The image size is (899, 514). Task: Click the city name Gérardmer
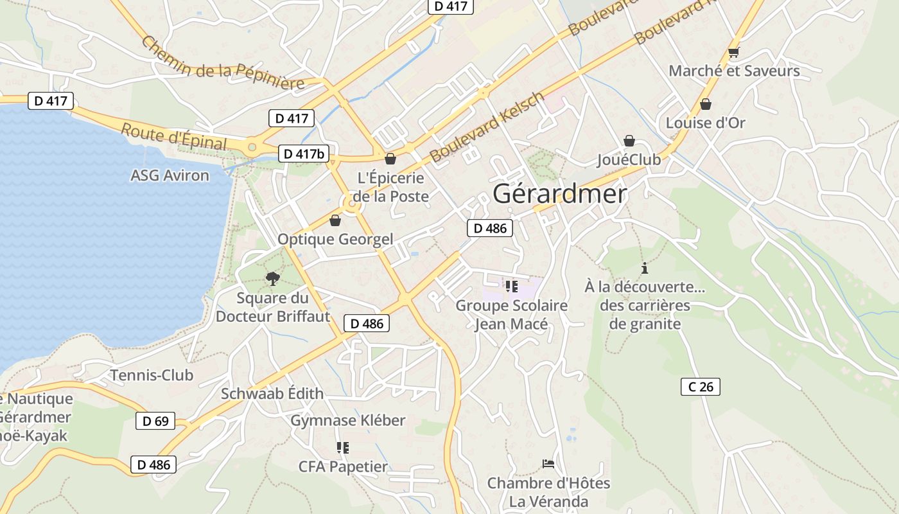coord(559,194)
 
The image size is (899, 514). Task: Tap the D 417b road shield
coord(304,154)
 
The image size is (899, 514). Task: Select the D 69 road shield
coord(155,421)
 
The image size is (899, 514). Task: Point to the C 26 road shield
coord(701,387)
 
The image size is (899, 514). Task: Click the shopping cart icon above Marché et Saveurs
coord(733,53)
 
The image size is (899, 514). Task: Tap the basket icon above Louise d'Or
coord(705,104)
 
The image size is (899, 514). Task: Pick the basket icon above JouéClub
coord(629,141)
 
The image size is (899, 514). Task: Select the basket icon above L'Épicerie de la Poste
coord(390,159)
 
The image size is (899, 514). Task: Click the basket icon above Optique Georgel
coord(335,221)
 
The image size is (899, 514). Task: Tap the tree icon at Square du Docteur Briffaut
coord(273,278)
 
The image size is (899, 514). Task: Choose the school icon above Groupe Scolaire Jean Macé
coord(511,286)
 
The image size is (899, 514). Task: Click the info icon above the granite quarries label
coord(644,269)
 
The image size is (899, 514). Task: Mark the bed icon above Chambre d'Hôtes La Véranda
coord(548,464)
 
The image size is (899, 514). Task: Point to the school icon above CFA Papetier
coord(342,447)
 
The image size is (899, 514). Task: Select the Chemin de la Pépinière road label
coord(222,64)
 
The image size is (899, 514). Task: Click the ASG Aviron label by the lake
coord(170,175)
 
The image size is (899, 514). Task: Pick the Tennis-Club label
coord(152,375)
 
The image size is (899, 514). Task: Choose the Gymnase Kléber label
coord(348,420)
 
